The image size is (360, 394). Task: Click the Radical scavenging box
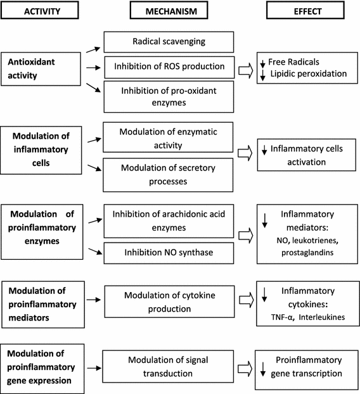166,42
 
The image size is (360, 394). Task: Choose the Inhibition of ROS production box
166,66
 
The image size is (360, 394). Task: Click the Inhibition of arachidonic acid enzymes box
166,219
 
